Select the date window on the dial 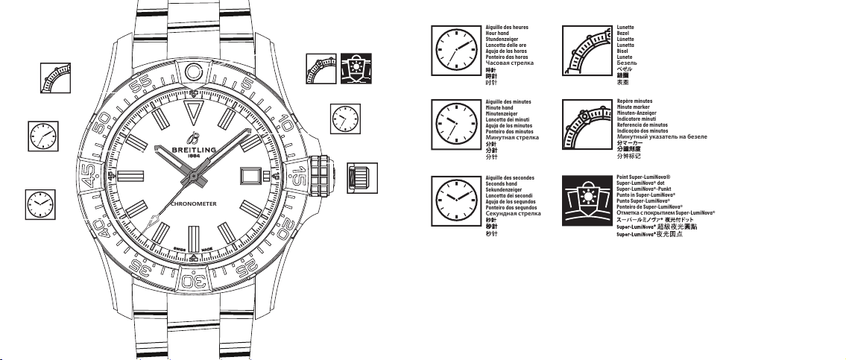[249, 174]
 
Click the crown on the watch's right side [321, 174]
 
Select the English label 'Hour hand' [499, 34]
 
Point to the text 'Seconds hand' [502, 184]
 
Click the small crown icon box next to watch [360, 177]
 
